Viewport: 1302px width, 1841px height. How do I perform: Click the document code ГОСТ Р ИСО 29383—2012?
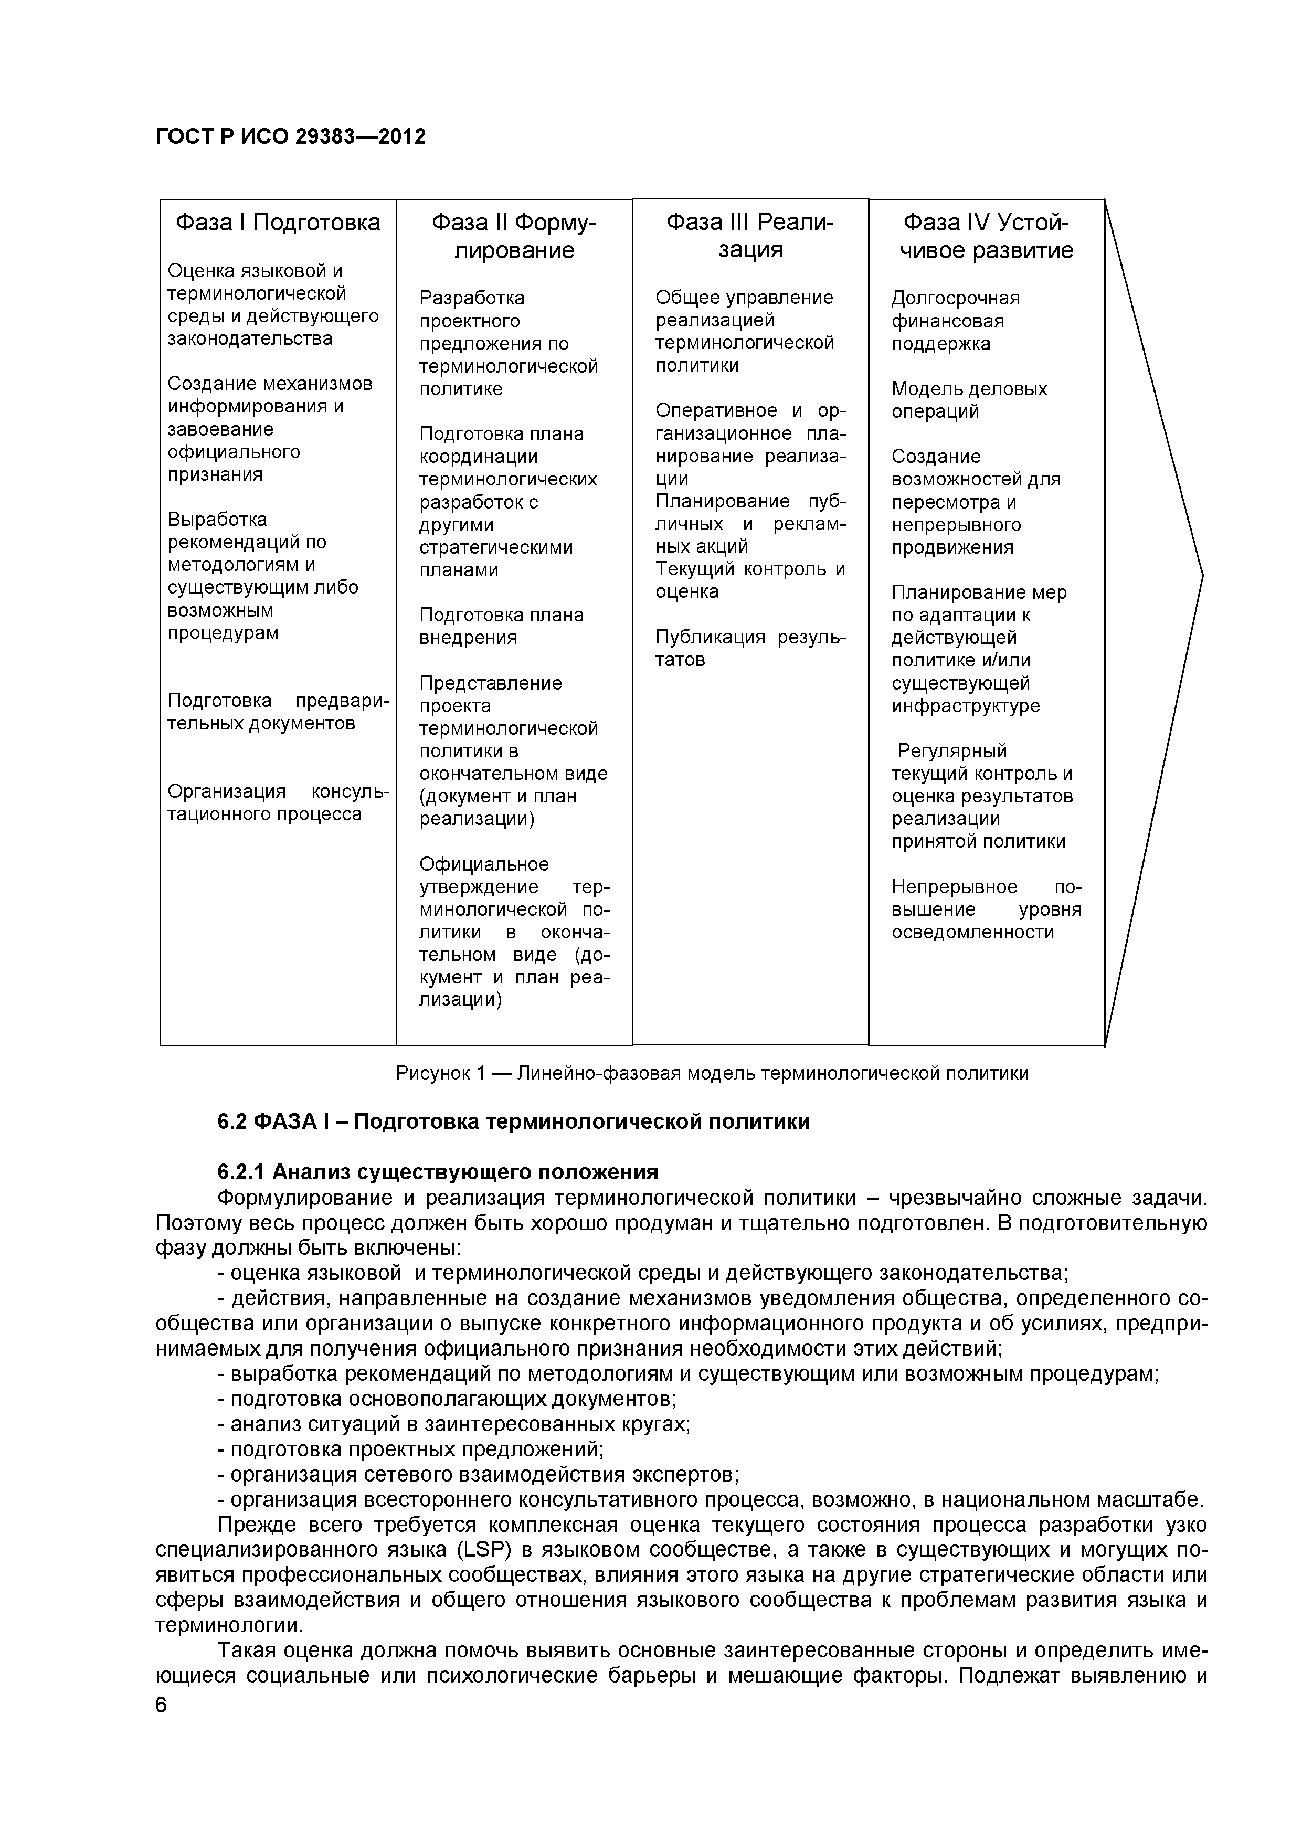pos(290,137)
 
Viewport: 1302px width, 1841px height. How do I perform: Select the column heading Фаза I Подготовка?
pos(278,222)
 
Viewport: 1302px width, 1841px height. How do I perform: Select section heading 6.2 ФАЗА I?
pos(513,1121)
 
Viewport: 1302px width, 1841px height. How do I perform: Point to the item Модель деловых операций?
pos(968,399)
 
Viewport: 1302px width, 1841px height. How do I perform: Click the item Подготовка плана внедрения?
pos(501,626)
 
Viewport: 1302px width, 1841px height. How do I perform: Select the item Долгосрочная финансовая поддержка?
pos(955,321)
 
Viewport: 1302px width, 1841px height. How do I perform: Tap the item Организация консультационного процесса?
pos(278,802)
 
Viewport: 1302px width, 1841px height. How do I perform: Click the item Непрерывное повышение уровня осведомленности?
pos(986,909)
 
